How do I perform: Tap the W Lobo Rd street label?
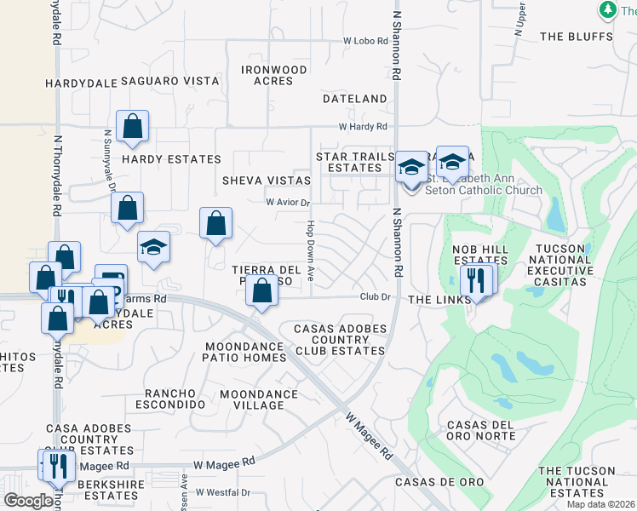coord(365,41)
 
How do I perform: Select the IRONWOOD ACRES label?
coord(273,75)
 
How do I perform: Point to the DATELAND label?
coord(355,99)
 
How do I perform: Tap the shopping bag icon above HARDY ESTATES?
coord(133,127)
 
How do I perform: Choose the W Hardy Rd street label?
coord(362,126)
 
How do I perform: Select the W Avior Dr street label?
coord(288,203)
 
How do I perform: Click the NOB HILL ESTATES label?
coord(479,255)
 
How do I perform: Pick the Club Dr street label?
coord(374,297)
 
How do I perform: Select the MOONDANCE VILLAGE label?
coord(259,399)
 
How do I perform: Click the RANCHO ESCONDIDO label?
coord(175,399)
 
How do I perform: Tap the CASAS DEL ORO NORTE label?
coord(481,430)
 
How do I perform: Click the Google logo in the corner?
coord(28,501)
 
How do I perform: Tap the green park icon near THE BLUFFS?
coord(608,9)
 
